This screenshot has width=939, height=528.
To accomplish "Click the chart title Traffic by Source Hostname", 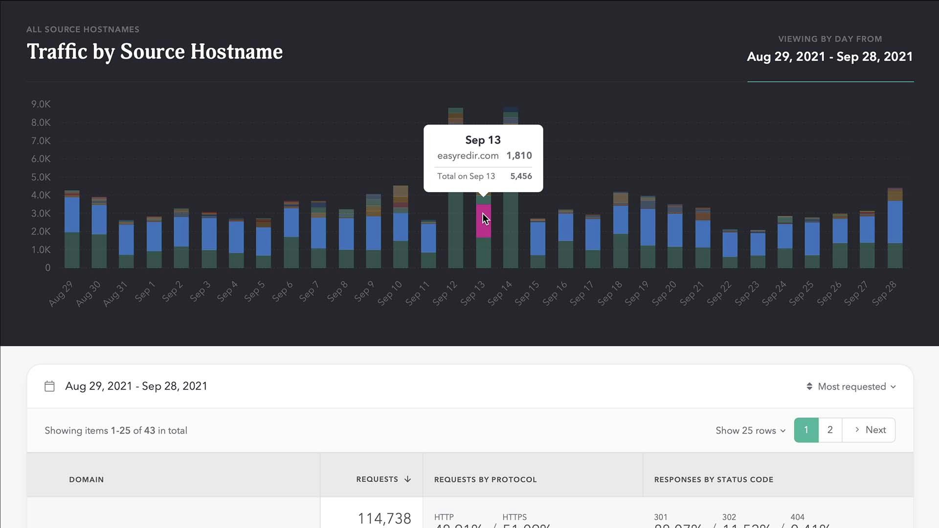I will pos(155,52).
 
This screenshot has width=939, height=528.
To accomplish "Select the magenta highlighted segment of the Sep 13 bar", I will pos(484,221).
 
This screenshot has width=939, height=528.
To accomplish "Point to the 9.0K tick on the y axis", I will pos(41,104).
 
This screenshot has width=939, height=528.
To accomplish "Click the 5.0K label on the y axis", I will pos(41,177).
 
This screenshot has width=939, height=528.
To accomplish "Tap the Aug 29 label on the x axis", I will pos(61,293).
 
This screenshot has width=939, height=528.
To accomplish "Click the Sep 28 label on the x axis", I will pos(884,293).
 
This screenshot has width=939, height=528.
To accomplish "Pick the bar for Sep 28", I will pos(895,230).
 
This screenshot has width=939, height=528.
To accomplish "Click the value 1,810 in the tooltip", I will pos(519,156).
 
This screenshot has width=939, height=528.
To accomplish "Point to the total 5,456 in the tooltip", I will pos(521,176).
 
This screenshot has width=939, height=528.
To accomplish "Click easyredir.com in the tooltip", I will pos(468,156).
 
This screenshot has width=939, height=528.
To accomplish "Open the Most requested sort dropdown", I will pos(851,387).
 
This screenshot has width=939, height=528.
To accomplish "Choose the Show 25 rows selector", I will pos(750,431).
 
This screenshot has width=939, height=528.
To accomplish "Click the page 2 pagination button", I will pos(830,430).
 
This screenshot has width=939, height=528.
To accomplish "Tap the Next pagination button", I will pos(870,430).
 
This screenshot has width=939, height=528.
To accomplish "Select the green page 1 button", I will pos(806,430).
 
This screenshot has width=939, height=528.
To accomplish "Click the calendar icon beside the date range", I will pos(49,386).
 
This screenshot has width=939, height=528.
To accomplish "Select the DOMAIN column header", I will pos(87,480).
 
